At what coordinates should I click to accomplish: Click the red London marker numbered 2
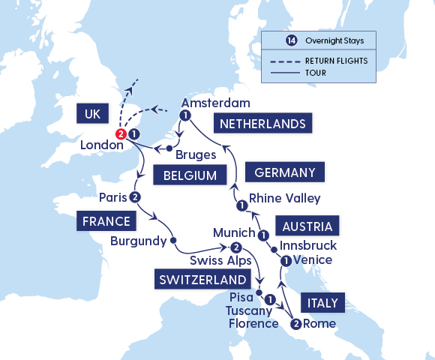point(120,134)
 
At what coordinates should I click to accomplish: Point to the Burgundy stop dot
point(173,241)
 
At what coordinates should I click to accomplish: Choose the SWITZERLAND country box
point(200,280)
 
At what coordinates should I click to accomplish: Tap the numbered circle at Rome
point(296,324)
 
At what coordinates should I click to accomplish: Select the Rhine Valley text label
point(284,199)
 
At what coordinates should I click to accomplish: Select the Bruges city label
point(196,154)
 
